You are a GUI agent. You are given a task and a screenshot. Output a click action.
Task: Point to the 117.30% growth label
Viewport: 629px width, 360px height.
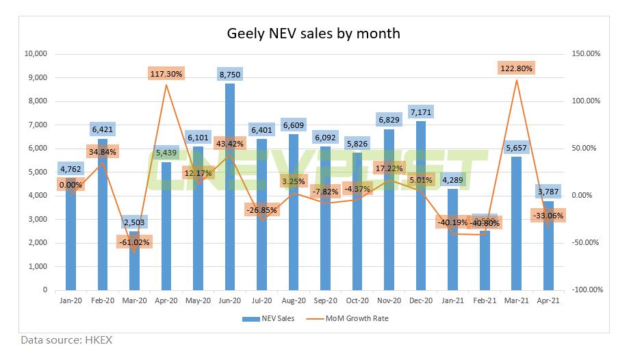point(166,74)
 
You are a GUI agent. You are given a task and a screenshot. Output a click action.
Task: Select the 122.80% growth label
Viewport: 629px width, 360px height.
point(517,68)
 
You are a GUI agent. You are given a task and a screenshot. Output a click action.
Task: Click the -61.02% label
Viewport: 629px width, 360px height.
point(134,242)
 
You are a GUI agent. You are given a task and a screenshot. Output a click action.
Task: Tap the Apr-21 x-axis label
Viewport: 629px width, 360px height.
point(549,300)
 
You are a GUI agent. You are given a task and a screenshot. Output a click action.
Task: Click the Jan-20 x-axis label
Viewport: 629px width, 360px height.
point(70,300)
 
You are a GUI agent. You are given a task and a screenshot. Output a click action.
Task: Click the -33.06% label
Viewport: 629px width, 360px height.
point(549,216)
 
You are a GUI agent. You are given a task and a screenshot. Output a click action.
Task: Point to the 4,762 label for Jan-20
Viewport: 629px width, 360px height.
point(70,168)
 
